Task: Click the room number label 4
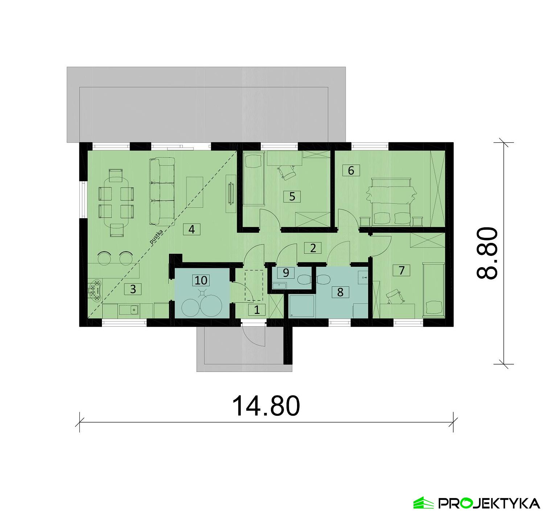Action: click(x=192, y=229)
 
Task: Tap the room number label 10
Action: click(x=201, y=280)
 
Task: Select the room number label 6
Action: click(x=351, y=170)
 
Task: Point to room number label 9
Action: click(x=286, y=273)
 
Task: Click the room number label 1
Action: click(x=257, y=310)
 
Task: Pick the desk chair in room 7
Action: click(x=394, y=297)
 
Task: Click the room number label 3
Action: click(x=133, y=289)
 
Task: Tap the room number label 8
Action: click(x=340, y=292)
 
